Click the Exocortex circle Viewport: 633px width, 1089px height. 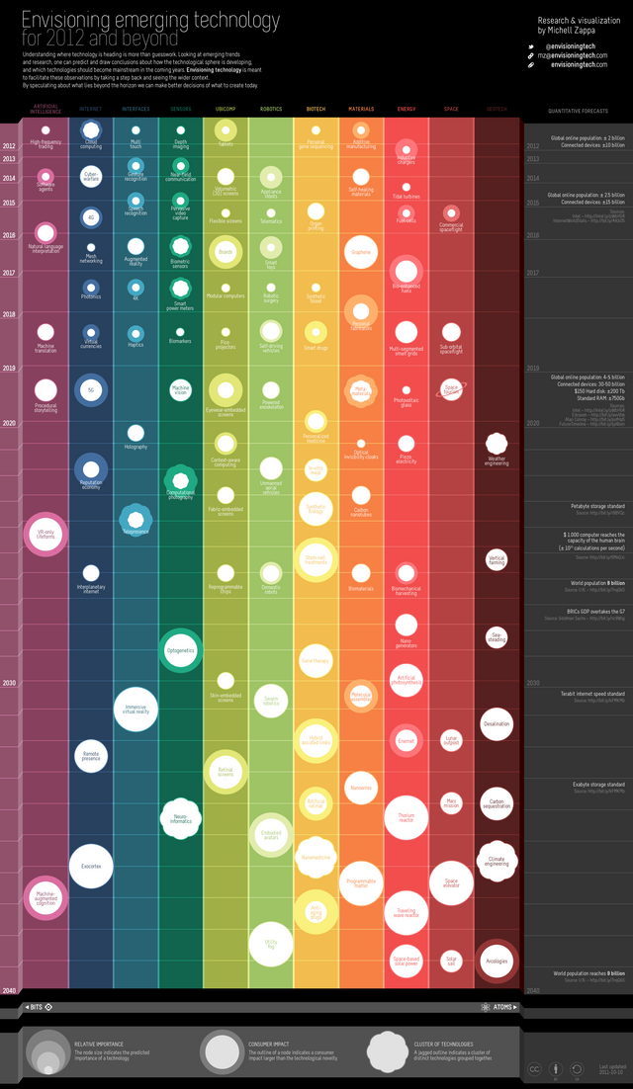pyautogui.click(x=91, y=867)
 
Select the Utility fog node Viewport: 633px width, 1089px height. pyautogui.click(x=271, y=943)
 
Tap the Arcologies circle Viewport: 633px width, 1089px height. pyautogui.click(x=497, y=960)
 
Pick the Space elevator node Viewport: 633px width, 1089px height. pyautogui.click(x=451, y=882)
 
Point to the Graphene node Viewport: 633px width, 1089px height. pyautogui.click(x=361, y=252)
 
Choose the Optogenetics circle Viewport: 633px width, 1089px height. pyautogui.click(x=181, y=650)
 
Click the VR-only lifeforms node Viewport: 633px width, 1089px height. pyautogui.click(x=45, y=534)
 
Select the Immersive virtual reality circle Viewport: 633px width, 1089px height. pyautogui.click(x=136, y=710)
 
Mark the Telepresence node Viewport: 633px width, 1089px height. pyautogui.click(x=136, y=518)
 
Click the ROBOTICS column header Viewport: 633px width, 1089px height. pyautogui.click(x=271, y=109)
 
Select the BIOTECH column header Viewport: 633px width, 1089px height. pyautogui.click(x=316, y=109)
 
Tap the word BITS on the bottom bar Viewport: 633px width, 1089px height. pyautogui.click(x=37, y=1007)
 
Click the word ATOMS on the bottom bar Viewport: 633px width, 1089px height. pyautogui.click(x=503, y=1007)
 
